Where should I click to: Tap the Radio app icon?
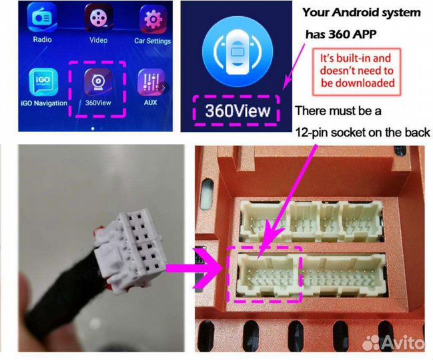pos(42,17)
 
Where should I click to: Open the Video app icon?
pos(99,17)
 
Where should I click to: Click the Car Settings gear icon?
pos(153,19)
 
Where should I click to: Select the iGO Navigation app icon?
pos(43,82)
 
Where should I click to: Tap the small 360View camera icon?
pos(98,82)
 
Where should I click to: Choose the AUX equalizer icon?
pos(151,82)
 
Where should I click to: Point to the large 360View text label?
pos(238,111)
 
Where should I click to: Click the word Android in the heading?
pos(358,13)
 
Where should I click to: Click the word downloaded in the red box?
pos(358,83)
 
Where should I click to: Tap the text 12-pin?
pos(311,133)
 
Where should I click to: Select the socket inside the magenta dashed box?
pos(264,274)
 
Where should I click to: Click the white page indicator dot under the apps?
pos(93,129)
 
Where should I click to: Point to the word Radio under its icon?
pos(42,39)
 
